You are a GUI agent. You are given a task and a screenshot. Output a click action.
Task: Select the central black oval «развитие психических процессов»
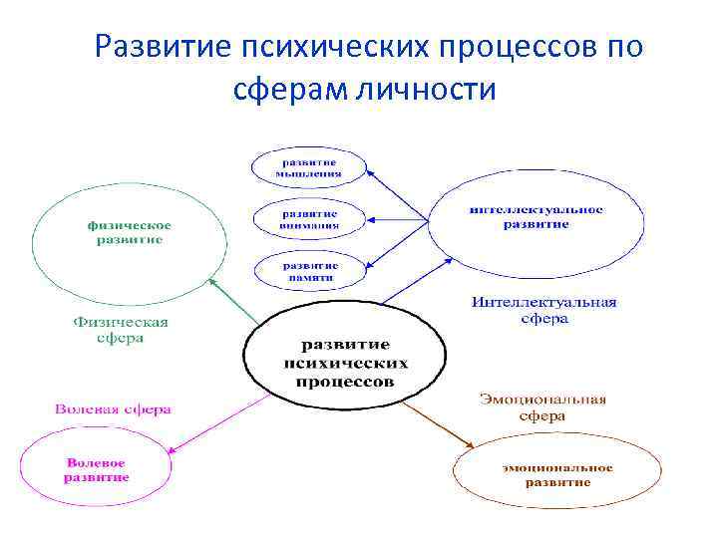(339, 363)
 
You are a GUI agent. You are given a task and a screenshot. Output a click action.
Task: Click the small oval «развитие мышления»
(309, 167)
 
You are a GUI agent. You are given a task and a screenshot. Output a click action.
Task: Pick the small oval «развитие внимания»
(309, 219)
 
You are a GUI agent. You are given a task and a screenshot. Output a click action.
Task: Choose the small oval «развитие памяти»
(309, 271)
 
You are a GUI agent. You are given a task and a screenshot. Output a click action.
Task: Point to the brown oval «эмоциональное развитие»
(557, 474)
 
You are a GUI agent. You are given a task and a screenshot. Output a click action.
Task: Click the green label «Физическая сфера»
(121, 330)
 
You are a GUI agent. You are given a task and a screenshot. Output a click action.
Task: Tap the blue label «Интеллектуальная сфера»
(543, 310)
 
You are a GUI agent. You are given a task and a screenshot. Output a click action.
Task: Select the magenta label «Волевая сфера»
(113, 409)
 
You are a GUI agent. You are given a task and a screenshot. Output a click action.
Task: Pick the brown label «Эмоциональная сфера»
(542, 407)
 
